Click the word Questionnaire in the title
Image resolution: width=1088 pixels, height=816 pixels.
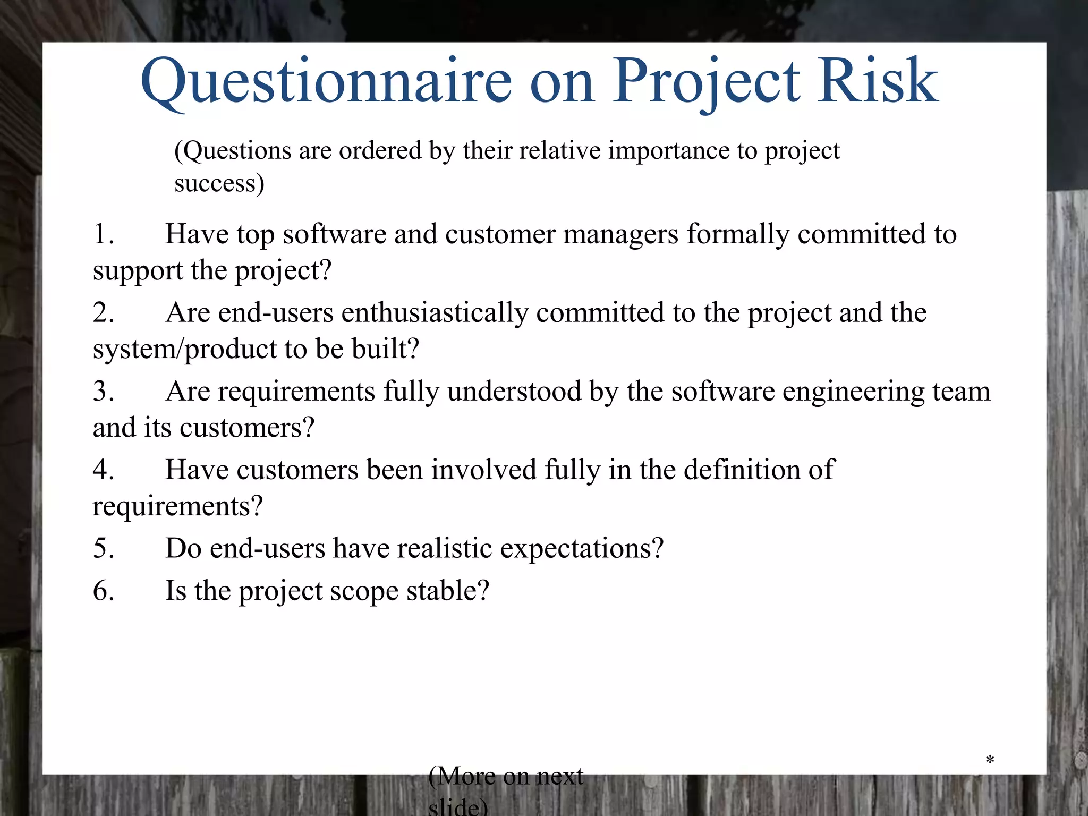326,82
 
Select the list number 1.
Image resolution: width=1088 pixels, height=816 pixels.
103,234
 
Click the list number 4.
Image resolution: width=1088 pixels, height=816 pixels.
103,470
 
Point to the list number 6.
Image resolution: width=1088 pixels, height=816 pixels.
103,591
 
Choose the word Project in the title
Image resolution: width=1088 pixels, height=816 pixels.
706,82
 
